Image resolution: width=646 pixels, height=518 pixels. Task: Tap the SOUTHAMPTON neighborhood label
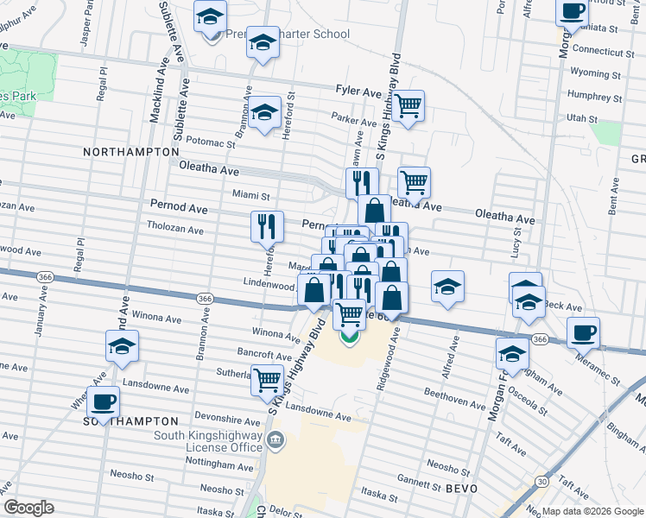click(x=130, y=420)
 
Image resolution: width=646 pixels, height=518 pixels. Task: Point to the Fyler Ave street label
click(x=358, y=91)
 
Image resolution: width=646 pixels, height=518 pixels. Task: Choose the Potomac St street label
click(x=211, y=142)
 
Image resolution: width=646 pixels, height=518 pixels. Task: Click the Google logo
click(x=28, y=508)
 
